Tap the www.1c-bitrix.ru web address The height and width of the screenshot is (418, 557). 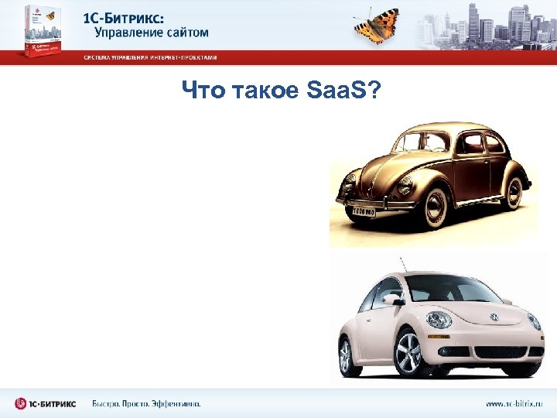tap(515, 403)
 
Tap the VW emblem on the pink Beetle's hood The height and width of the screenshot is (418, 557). tap(494, 317)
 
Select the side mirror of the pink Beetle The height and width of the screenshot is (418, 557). tap(394, 299)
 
